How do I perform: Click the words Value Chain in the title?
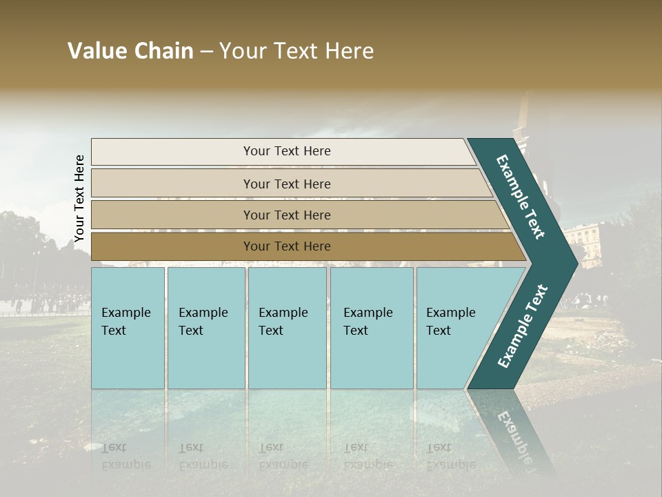click(x=130, y=51)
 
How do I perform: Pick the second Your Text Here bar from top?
click(x=287, y=184)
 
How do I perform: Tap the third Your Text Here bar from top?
click(x=287, y=215)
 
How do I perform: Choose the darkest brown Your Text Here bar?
click(x=287, y=246)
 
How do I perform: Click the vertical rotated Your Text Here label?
click(x=79, y=199)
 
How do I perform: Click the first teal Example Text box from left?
click(x=128, y=327)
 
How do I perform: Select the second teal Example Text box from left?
click(x=205, y=327)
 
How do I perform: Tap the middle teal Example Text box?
click(x=287, y=327)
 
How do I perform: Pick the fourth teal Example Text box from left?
click(x=371, y=327)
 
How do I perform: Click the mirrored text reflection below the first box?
click(x=126, y=456)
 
